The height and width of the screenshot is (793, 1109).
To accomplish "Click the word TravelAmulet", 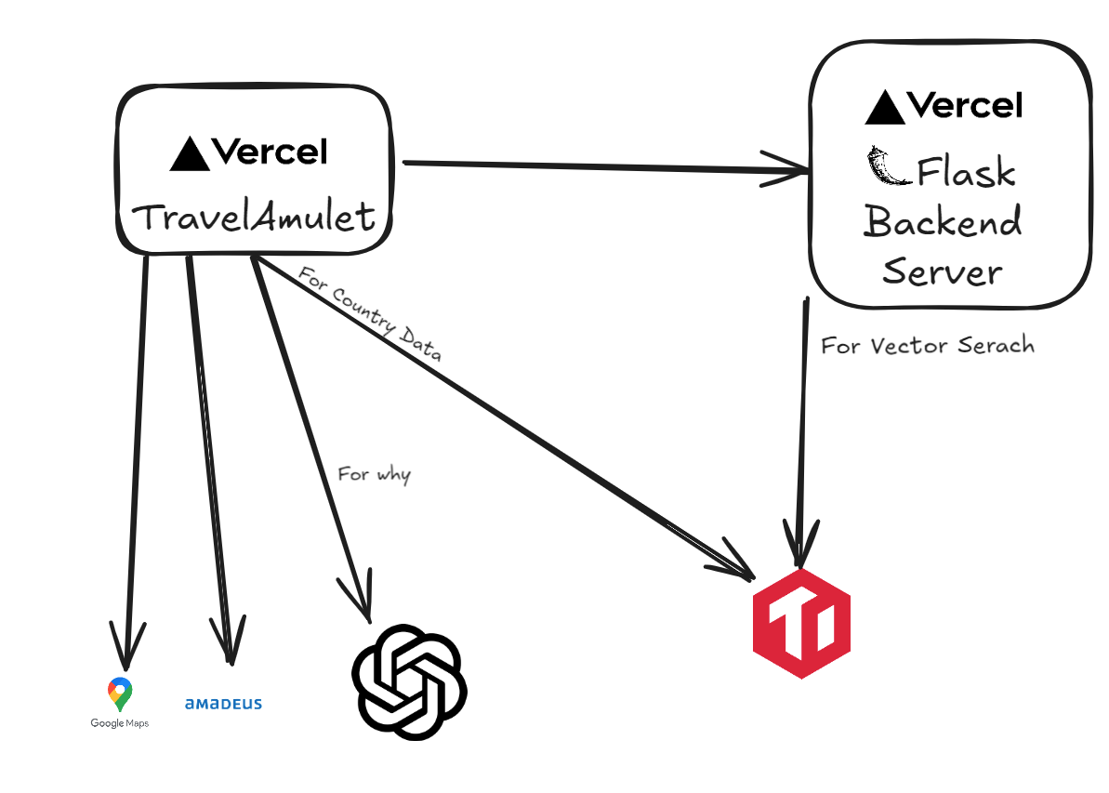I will pos(253,218).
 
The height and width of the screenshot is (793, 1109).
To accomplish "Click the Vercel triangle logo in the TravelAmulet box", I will pos(189,154).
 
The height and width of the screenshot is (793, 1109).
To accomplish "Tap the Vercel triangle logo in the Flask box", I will pos(884,108).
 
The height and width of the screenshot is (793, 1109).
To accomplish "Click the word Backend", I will pos(943,222).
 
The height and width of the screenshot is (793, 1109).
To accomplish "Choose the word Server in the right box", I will pos(943,271).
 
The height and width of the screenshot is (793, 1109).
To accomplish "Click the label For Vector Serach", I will pos(927,346).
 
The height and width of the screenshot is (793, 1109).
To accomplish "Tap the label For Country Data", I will pos(369,314).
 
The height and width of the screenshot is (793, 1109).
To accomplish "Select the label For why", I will pos(374,474).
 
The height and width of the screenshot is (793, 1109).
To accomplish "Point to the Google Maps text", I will pos(119,723).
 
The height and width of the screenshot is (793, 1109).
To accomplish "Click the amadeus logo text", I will pos(223,704).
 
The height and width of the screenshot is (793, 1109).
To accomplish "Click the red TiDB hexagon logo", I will pos(801,622).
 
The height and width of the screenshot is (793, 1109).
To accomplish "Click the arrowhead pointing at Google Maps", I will pos(126,643).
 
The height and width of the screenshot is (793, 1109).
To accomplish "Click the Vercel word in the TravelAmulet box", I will pos(270,152).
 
